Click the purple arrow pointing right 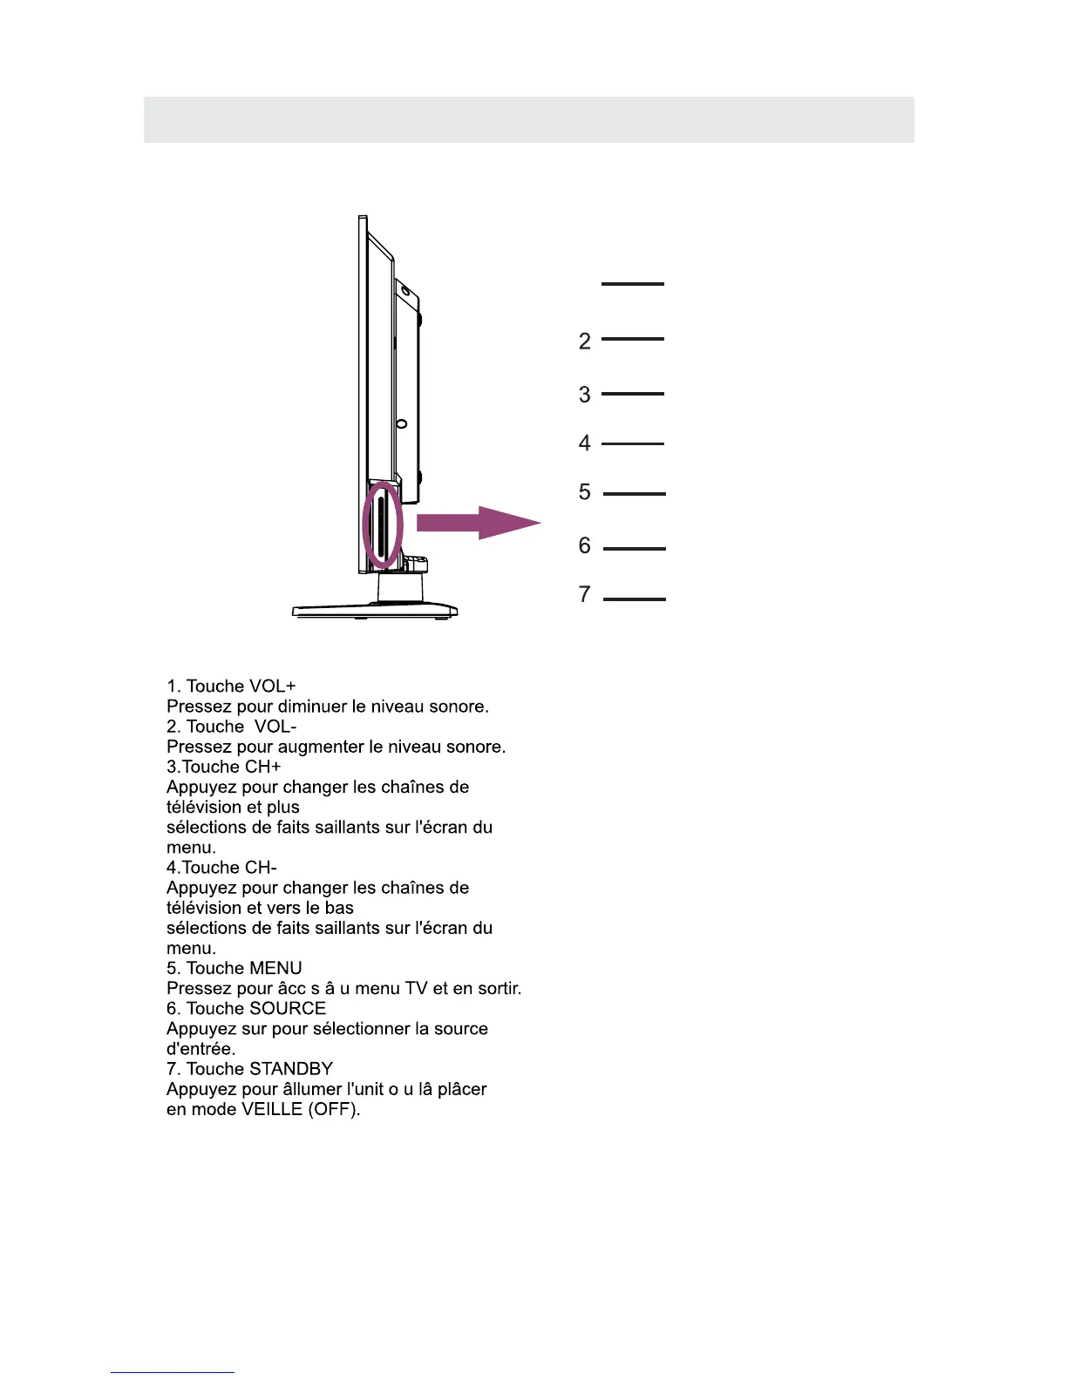(x=478, y=523)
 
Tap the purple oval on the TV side (x=382, y=526)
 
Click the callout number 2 (x=585, y=342)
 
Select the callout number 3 (x=585, y=396)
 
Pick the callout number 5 (x=585, y=493)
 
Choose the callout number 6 (x=585, y=546)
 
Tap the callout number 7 (x=585, y=595)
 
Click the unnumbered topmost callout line (x=633, y=284)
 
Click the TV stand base (x=375, y=611)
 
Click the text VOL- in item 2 (x=275, y=727)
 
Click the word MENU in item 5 (x=275, y=969)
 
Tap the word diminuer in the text (x=311, y=707)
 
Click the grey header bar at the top (x=528, y=119)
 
